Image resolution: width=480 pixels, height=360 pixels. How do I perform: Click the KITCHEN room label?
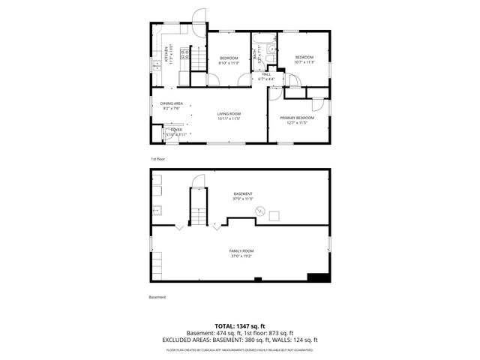click(x=166, y=55)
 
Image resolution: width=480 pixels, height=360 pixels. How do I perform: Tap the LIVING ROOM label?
click(x=229, y=113)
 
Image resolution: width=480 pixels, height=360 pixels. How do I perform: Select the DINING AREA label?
click(x=172, y=103)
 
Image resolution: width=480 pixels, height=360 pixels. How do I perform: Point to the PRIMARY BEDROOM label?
click(x=297, y=118)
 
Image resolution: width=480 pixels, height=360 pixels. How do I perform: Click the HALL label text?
click(x=266, y=73)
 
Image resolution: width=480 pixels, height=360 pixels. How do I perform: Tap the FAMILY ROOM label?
click(x=241, y=250)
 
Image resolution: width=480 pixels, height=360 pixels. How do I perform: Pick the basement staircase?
click(x=198, y=208)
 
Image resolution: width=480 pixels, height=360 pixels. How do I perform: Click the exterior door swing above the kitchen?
click(x=198, y=16)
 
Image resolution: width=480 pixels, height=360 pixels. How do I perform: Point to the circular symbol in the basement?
click(x=260, y=211)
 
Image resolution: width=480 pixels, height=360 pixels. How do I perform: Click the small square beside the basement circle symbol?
click(x=275, y=216)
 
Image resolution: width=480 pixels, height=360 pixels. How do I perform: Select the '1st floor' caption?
click(x=157, y=159)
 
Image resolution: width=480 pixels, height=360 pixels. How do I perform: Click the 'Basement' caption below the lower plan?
click(x=157, y=297)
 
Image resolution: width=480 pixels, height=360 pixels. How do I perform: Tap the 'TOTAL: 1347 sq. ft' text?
click(x=239, y=325)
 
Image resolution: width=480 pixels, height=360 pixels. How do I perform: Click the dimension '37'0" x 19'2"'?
click(x=241, y=256)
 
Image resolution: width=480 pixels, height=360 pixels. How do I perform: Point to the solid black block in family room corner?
click(x=319, y=277)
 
